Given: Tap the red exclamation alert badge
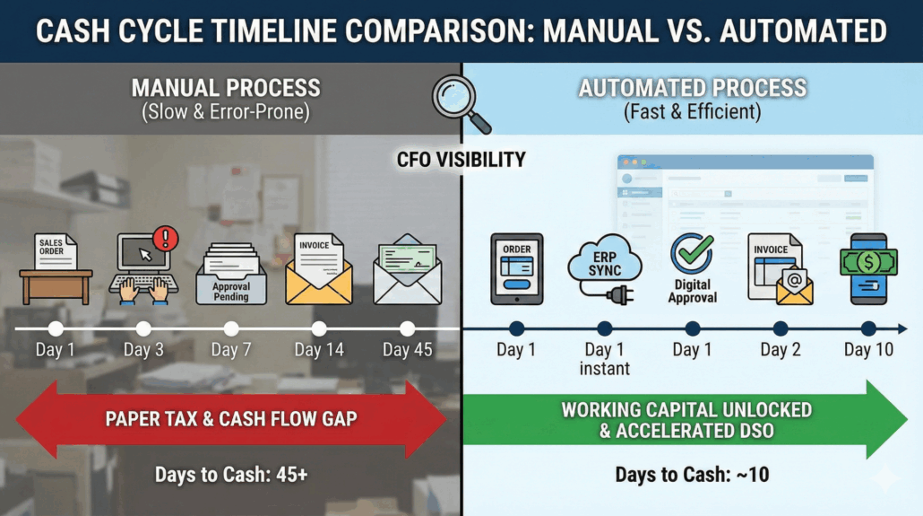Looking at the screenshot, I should pyautogui.click(x=166, y=238).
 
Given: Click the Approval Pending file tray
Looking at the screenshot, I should pyautogui.click(x=231, y=272).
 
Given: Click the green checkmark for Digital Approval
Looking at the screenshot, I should pyautogui.click(x=692, y=255).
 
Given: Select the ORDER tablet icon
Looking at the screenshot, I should pyautogui.click(x=516, y=268).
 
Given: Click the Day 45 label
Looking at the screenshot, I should pyautogui.click(x=407, y=350).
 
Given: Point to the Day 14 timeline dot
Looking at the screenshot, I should pyautogui.click(x=319, y=328).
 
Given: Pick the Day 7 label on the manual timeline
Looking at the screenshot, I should pyautogui.click(x=231, y=350).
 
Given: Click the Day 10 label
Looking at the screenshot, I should pyautogui.click(x=868, y=350).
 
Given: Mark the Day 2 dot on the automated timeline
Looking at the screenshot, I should pyautogui.click(x=780, y=328).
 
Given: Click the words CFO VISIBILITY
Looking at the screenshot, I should pyautogui.click(x=461, y=160).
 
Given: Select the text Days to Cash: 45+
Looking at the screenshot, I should pyautogui.click(x=231, y=473).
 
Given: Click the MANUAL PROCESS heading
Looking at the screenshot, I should pyautogui.click(x=226, y=88).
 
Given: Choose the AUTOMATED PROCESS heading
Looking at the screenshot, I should pyautogui.click(x=692, y=88).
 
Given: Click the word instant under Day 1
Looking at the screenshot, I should pyautogui.click(x=605, y=368).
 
